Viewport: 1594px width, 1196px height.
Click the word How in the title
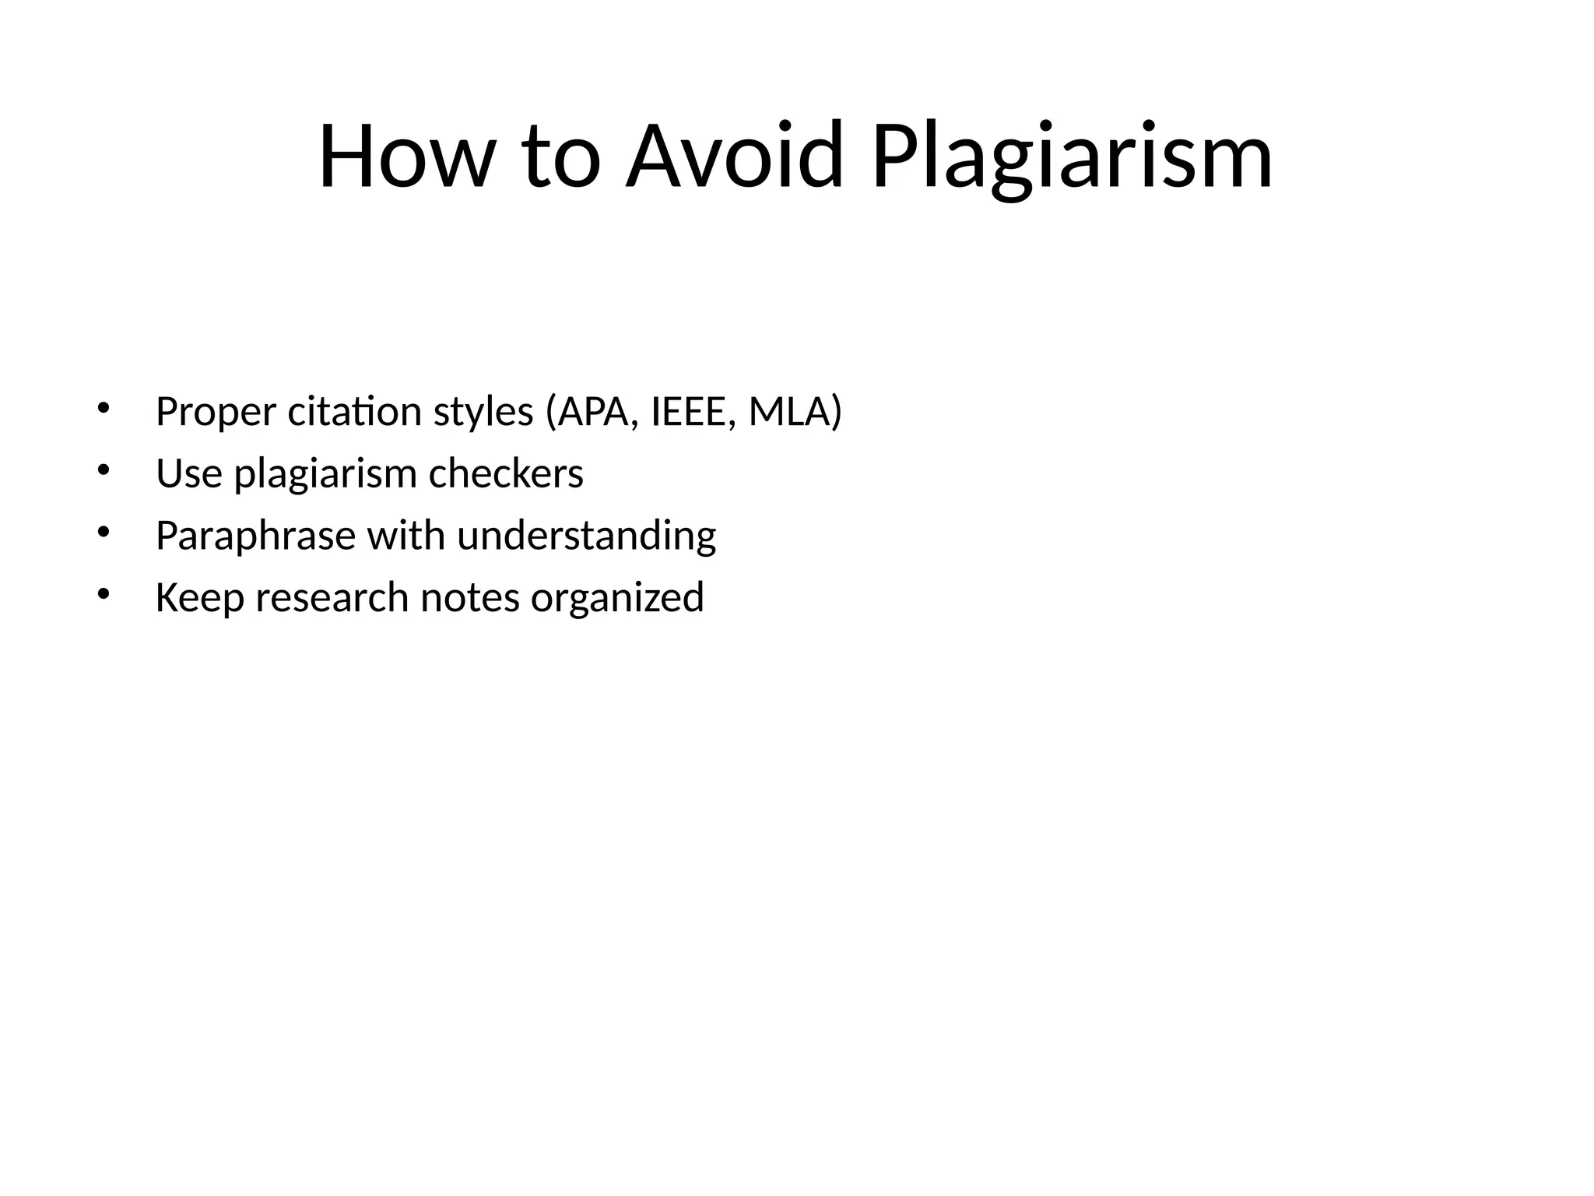(x=406, y=157)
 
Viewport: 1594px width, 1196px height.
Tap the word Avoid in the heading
(x=734, y=157)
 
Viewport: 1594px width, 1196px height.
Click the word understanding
(x=586, y=536)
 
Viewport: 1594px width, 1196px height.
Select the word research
(x=332, y=598)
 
